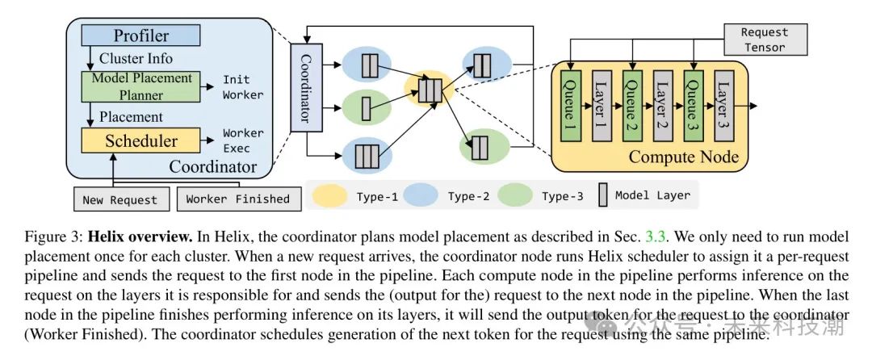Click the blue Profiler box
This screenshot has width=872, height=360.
pos(140,36)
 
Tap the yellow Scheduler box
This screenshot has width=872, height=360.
pos(141,141)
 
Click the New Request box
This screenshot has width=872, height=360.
pos(120,199)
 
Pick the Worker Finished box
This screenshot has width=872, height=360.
pos(237,199)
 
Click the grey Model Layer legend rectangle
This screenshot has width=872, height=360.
pos(601,195)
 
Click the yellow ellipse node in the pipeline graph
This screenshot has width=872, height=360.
pos(428,86)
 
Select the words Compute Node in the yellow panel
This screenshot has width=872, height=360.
pos(683,156)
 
